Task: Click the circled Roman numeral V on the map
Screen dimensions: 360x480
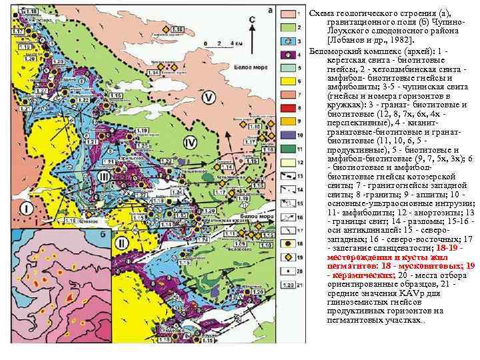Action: pyautogui.click(x=210, y=98)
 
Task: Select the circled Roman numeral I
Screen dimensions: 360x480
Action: pyautogui.click(x=25, y=209)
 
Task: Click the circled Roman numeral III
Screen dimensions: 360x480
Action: pyautogui.click(x=103, y=176)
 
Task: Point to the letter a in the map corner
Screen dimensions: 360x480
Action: pyautogui.click(x=269, y=10)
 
